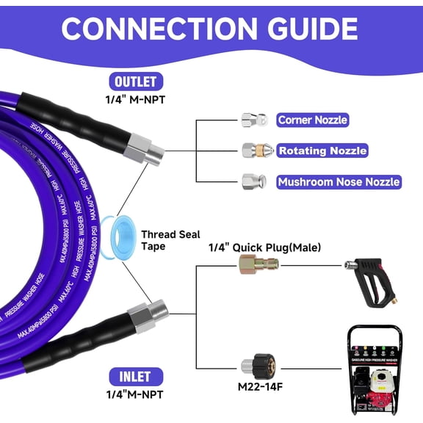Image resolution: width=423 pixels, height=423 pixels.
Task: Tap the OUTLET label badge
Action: pyautogui.click(x=135, y=82)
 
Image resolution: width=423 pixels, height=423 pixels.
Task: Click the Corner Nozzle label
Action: pyautogui.click(x=312, y=120)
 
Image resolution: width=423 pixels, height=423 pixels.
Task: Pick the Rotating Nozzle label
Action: pyautogui.click(x=322, y=151)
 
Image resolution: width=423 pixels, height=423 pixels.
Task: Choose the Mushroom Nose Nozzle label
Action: pyautogui.click(x=338, y=181)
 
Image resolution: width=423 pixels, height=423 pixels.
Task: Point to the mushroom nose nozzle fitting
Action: pyautogui.click(x=252, y=181)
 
